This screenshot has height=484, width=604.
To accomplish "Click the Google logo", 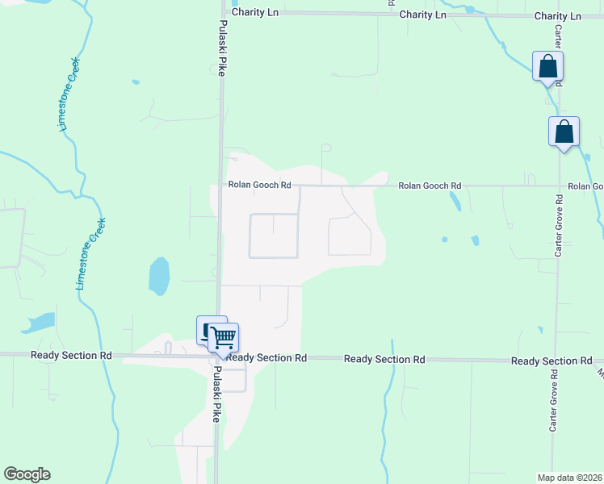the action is click(x=27, y=474).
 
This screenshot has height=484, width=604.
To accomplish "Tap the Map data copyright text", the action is click(x=569, y=477).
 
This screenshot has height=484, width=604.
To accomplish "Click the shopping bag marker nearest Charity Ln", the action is click(x=547, y=66).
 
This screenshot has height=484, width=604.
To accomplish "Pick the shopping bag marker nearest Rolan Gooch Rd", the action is click(x=564, y=131).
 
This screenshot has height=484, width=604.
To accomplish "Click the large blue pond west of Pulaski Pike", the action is click(x=159, y=276).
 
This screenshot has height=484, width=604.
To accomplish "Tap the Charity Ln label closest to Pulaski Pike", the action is click(x=254, y=13).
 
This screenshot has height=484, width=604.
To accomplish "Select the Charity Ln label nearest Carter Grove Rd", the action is click(x=557, y=16).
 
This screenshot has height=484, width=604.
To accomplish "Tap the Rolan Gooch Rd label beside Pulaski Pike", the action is click(x=259, y=185).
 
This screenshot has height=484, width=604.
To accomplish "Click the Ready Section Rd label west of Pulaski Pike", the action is click(x=70, y=355).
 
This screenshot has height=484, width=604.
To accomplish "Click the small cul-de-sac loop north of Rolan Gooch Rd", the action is click(x=325, y=148).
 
